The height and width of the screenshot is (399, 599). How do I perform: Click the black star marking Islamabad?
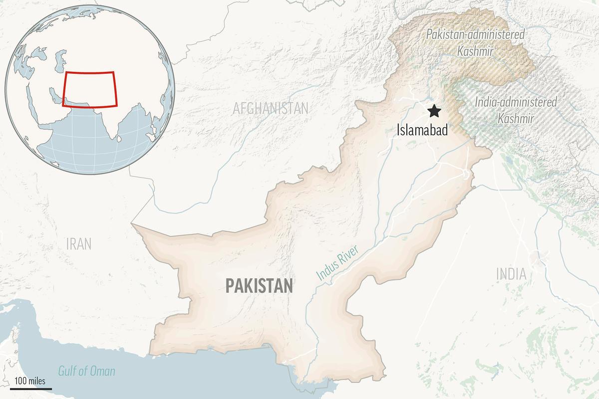tap(435, 111)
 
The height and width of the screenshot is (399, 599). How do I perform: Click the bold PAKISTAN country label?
tap(259, 286)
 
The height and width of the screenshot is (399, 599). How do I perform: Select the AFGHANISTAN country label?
tap(271, 108)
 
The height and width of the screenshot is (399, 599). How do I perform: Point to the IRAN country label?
tap(79, 244)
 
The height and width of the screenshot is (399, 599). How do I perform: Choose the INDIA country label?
tap(511, 274)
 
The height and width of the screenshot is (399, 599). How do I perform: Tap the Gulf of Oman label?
tap(86, 371)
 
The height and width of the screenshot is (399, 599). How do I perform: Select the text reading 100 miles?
tap(30, 381)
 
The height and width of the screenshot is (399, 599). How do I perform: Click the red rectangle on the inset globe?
tap(90, 89)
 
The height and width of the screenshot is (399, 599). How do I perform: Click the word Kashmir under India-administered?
tap(516, 119)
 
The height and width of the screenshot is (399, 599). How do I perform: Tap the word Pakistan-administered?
tap(475, 35)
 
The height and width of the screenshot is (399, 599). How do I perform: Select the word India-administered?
tap(516, 102)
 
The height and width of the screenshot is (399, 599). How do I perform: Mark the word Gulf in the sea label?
tap(68, 371)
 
